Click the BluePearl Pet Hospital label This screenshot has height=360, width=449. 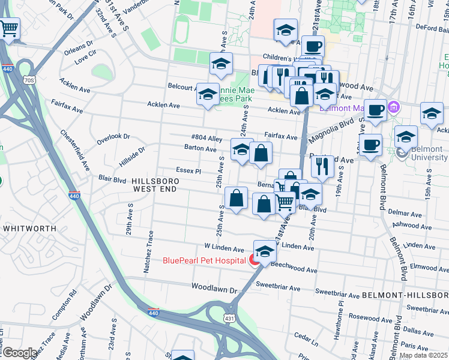pyautogui.click(x=203, y=260)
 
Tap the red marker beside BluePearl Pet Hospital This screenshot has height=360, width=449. pyautogui.click(x=255, y=260)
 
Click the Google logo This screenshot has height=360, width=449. pyautogui.click(x=20, y=353)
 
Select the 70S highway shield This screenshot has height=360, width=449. pyautogui.click(x=29, y=80)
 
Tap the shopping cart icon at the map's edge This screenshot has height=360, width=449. pyautogui.click(x=9, y=28)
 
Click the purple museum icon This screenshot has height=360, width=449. pyautogui.click(x=394, y=108)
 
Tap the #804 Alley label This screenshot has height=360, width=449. pyautogui.click(x=206, y=137)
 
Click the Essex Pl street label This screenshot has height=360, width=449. pyautogui.click(x=188, y=170)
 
